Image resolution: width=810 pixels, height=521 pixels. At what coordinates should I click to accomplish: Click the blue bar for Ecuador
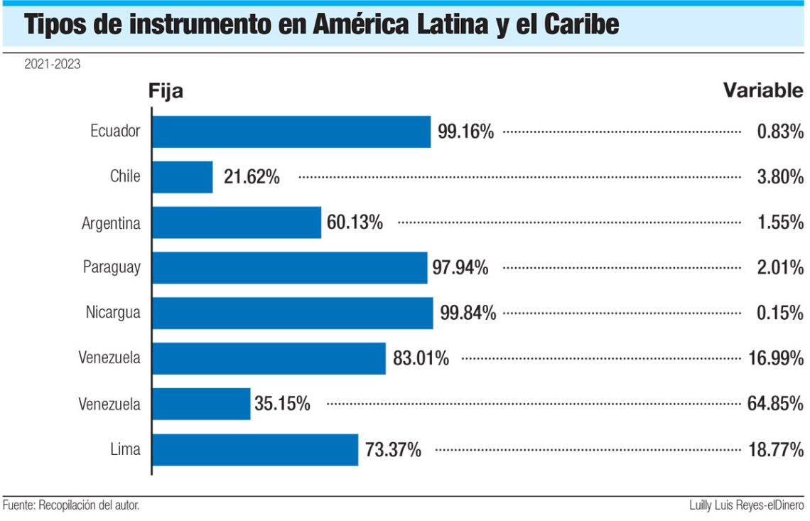tap(291, 131)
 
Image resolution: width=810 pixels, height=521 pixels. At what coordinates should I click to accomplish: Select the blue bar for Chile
tap(183, 177)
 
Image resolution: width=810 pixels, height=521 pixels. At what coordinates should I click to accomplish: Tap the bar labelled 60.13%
tap(237, 222)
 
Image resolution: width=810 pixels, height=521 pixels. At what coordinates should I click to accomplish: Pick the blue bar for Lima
tap(255, 450)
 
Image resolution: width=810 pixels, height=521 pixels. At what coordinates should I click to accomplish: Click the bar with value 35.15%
tap(201, 404)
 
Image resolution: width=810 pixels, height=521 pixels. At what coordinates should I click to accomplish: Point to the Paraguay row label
tap(112, 268)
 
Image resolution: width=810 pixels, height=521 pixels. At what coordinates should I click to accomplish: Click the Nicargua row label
tap(113, 313)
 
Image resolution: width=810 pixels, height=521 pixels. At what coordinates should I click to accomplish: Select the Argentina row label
tap(111, 222)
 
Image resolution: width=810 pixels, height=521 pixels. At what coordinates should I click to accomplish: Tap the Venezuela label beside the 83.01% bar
tap(109, 358)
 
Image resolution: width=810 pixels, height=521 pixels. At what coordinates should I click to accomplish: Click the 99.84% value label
tap(468, 313)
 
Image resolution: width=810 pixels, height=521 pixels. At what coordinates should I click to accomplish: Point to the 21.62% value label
tap(252, 177)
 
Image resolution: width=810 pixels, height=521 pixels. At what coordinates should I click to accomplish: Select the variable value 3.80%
tap(780, 177)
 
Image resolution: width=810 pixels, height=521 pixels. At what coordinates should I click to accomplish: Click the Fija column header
tap(166, 91)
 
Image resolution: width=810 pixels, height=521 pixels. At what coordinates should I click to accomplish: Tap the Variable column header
tap(763, 91)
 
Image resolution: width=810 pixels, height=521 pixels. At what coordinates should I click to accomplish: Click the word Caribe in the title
tap(581, 24)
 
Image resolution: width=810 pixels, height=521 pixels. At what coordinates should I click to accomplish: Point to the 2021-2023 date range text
tap(52, 65)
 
